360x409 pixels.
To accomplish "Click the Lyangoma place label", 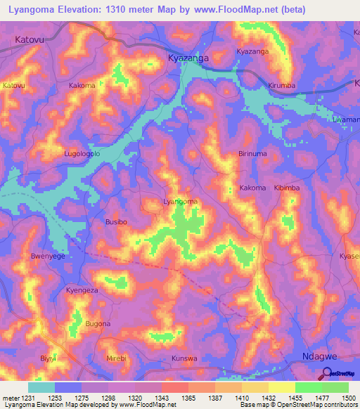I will (x=180, y=202).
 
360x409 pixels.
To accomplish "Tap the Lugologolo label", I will (x=83, y=153).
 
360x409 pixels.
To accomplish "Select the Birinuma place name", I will (x=253, y=153).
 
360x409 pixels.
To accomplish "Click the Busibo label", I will (x=116, y=221).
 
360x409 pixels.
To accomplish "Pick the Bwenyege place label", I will (x=48, y=257).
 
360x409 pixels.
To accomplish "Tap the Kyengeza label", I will (x=82, y=290).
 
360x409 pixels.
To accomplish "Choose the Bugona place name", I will (x=98, y=324).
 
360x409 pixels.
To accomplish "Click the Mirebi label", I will (x=116, y=358).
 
